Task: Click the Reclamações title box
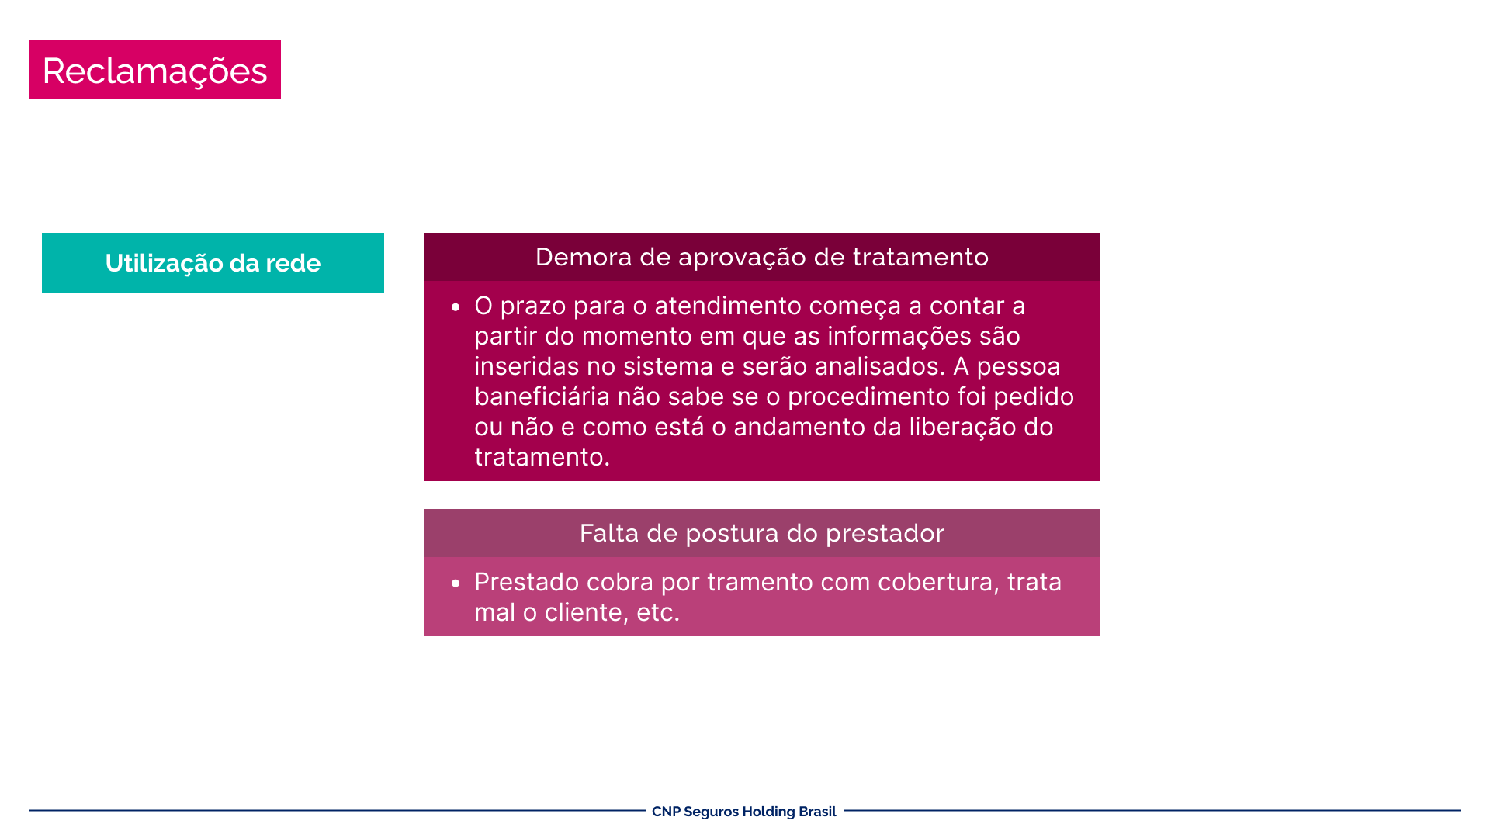pyautogui.click(x=155, y=69)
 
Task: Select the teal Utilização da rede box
pyautogui.click(x=213, y=263)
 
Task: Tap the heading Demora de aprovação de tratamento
pyautogui.click(x=762, y=257)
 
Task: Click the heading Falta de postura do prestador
pyautogui.click(x=762, y=533)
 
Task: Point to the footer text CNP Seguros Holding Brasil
pyautogui.click(x=744, y=812)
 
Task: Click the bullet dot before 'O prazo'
pyautogui.click(x=456, y=308)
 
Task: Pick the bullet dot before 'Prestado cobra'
pyautogui.click(x=456, y=584)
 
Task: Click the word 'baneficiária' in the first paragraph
pyautogui.click(x=542, y=396)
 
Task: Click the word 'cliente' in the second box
pyautogui.click(x=587, y=612)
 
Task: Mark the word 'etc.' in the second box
pyautogui.click(x=658, y=613)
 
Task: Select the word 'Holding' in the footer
pyautogui.click(x=769, y=812)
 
